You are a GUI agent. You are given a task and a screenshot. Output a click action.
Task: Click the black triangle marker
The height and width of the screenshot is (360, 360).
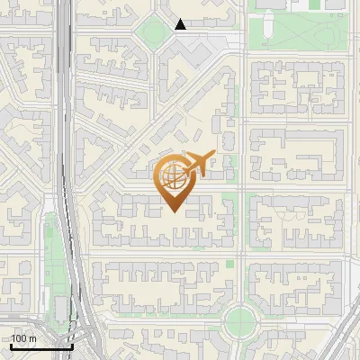(x=181, y=24)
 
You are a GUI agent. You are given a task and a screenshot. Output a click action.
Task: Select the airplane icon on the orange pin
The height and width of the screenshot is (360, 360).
(x=197, y=163)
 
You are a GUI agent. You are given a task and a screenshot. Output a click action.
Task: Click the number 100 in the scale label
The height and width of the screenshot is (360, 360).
(x=19, y=338)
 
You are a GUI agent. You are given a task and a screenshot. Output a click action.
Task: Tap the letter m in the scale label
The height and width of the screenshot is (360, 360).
(x=32, y=338)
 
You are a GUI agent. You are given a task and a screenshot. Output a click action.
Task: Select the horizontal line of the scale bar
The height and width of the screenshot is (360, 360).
(x=41, y=346)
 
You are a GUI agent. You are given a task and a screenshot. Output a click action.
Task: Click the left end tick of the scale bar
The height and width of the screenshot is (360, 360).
(x=11, y=345)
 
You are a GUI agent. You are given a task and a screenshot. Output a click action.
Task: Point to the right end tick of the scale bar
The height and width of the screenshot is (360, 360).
(x=72, y=345)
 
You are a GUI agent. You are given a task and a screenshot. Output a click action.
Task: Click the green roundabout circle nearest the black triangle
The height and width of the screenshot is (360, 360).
(x=150, y=34)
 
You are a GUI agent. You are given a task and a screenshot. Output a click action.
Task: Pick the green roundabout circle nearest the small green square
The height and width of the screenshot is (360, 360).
(x=241, y=318)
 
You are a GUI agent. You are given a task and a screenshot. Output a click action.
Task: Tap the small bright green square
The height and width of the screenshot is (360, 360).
(x=230, y=265)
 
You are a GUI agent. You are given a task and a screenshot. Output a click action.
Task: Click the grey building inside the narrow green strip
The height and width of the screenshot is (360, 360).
(x=61, y=309)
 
